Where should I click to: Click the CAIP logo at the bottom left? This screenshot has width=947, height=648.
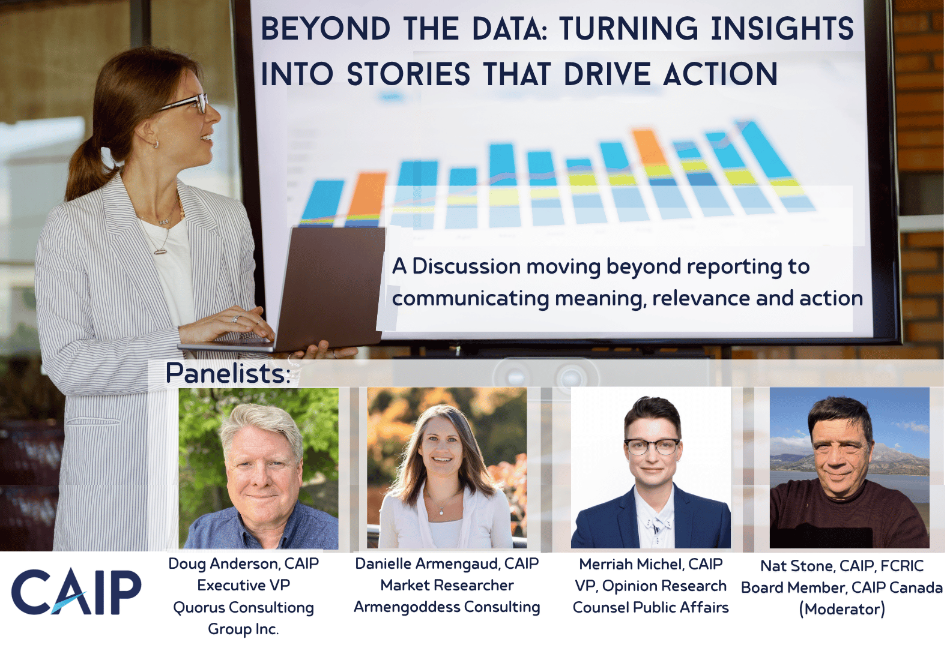76,592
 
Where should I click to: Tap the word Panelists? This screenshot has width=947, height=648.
228,373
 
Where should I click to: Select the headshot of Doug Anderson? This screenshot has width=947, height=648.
258,469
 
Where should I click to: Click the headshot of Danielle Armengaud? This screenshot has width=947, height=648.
447,469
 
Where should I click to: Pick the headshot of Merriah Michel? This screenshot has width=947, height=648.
650,469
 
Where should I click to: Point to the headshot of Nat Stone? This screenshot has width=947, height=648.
849,469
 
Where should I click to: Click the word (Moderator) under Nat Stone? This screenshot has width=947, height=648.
842,609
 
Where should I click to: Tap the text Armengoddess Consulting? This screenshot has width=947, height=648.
447,607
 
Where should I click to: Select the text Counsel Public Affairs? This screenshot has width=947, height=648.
650,607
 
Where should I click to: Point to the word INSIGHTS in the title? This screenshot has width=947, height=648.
782,29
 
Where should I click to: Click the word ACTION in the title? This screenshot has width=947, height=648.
721,74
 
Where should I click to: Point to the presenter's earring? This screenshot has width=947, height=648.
156,144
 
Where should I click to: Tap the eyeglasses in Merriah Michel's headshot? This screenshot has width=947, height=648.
652,446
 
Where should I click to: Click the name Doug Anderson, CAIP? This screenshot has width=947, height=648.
244,563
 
